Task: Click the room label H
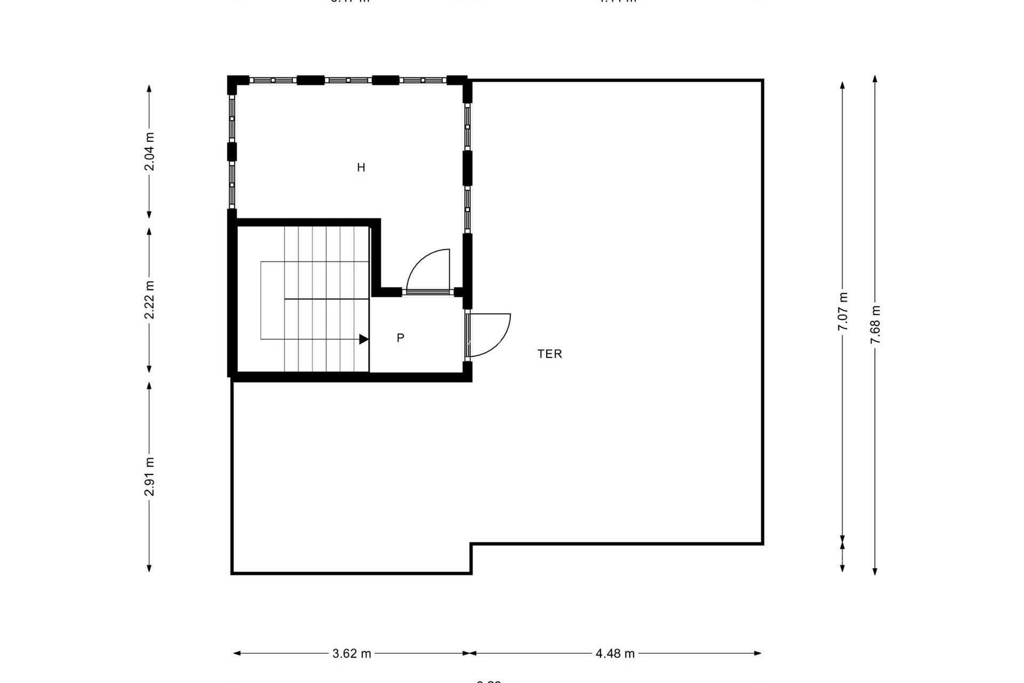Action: (361, 168)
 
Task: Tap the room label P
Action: (401, 338)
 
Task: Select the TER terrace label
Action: (549, 354)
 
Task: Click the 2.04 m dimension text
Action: (149, 152)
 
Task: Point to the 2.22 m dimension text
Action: (149, 300)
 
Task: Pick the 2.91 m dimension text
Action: (149, 476)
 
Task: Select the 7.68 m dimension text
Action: (875, 325)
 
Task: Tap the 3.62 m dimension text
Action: (351, 654)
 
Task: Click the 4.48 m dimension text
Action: (615, 654)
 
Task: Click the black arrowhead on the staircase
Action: (364, 339)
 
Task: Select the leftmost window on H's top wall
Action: (273, 80)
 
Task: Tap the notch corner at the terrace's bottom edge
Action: (471, 544)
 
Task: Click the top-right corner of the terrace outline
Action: (762, 81)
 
